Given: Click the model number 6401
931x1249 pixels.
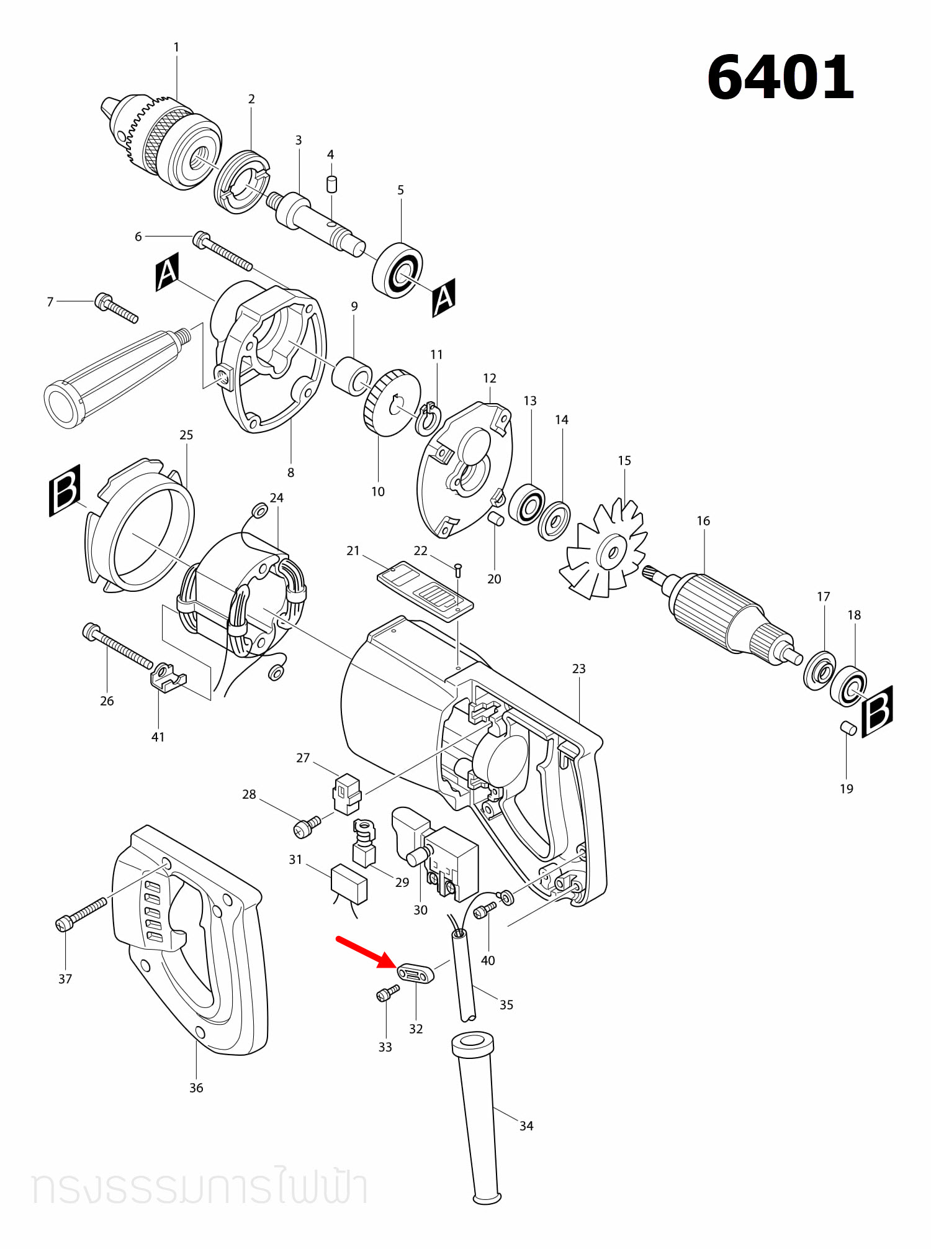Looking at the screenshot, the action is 781,78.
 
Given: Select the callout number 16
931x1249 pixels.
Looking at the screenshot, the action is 703,520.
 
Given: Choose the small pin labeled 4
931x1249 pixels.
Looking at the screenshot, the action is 332,184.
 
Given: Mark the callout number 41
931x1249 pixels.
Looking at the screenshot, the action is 158,737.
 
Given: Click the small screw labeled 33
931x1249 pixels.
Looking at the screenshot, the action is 388,992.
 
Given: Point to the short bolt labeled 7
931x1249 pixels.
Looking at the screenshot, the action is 116,308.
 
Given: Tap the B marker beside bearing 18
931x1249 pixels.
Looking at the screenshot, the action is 878,711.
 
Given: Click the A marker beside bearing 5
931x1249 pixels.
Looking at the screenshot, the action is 444,297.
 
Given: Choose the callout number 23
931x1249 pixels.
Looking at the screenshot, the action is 578,668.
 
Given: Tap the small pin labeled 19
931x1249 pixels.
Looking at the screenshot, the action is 848,728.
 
